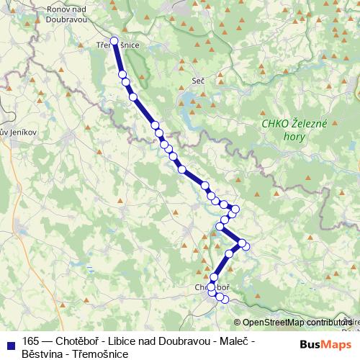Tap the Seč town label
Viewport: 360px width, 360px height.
[199, 81]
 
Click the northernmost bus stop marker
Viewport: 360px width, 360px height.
[114, 41]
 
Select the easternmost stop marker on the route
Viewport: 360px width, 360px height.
[246, 246]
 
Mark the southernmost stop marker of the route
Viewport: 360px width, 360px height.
[225, 299]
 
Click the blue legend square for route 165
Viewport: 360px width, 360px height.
[10, 341]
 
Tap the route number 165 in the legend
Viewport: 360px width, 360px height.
[31, 341]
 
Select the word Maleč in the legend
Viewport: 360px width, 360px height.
[238, 341]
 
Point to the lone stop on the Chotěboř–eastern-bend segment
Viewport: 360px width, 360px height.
[230, 253]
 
